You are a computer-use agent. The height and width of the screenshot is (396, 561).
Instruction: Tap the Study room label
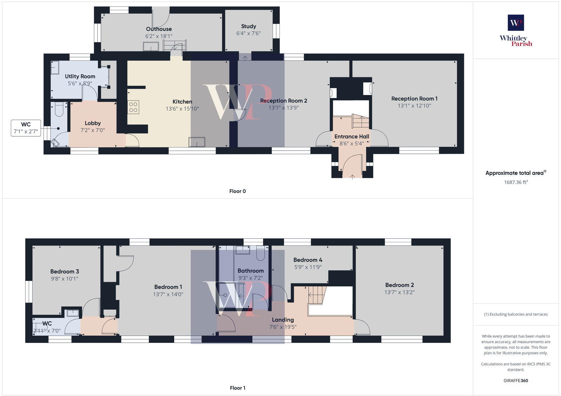[x=248, y=26]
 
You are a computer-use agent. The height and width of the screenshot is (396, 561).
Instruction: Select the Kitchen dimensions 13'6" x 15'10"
[x=182, y=109]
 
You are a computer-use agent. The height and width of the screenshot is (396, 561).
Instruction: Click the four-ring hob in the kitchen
[x=133, y=107]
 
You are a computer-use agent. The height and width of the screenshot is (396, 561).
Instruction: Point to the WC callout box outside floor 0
[x=26, y=128]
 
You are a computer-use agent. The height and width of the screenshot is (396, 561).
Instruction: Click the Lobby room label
[x=93, y=123]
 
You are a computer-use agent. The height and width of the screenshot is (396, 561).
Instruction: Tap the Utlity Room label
[x=80, y=76]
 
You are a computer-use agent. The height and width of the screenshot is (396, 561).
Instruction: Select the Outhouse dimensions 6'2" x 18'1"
[x=159, y=36]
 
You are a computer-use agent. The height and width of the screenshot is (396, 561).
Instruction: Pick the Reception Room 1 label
[x=414, y=99]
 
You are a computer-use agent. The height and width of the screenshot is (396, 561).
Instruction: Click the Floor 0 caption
[x=237, y=191]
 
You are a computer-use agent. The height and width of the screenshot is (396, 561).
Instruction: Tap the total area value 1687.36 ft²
[x=516, y=182]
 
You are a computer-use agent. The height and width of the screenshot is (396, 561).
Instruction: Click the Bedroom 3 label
[x=65, y=271]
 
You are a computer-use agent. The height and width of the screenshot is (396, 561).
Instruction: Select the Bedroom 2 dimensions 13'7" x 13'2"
[x=399, y=292]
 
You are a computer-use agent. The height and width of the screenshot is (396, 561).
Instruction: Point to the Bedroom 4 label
[x=307, y=260]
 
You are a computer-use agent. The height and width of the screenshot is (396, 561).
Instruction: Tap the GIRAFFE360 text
[x=516, y=381]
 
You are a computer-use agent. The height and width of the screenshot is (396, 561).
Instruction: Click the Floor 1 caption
[x=237, y=388]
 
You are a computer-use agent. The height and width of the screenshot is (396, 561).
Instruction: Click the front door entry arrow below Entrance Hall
[x=352, y=176]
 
